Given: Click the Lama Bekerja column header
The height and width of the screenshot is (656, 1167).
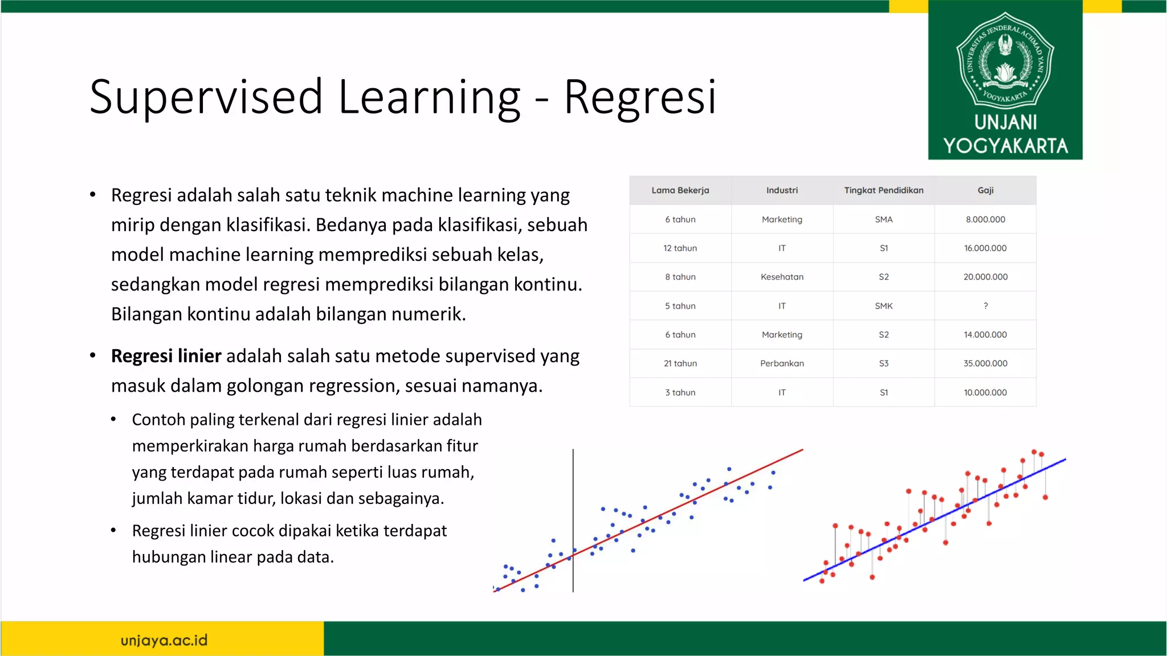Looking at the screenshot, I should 680,190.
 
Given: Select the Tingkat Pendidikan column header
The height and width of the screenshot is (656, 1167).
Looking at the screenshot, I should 883,190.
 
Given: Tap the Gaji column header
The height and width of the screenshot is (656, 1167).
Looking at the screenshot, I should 985,190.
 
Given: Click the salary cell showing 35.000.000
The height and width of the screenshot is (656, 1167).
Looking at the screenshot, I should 985,363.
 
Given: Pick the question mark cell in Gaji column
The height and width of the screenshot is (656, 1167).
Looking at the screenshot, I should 985,306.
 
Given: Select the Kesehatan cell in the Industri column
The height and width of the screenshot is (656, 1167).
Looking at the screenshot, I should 782,277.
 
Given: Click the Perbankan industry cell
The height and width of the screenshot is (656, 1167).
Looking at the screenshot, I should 782,363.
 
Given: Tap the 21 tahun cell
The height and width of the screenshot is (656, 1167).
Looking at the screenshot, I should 680,363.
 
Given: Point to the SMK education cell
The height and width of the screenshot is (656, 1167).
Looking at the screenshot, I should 883,306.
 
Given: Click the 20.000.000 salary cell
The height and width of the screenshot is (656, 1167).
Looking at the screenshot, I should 985,277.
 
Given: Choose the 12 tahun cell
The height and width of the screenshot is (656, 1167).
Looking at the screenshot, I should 680,248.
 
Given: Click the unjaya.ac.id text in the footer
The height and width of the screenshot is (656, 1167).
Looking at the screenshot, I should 164,640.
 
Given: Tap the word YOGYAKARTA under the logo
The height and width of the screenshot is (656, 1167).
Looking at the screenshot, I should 1005,146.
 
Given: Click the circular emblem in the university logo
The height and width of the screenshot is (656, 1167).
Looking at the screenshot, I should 1005,60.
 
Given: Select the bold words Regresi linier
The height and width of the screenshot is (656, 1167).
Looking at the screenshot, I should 166,356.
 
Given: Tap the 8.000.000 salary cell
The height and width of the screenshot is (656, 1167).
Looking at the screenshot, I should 985,219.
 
